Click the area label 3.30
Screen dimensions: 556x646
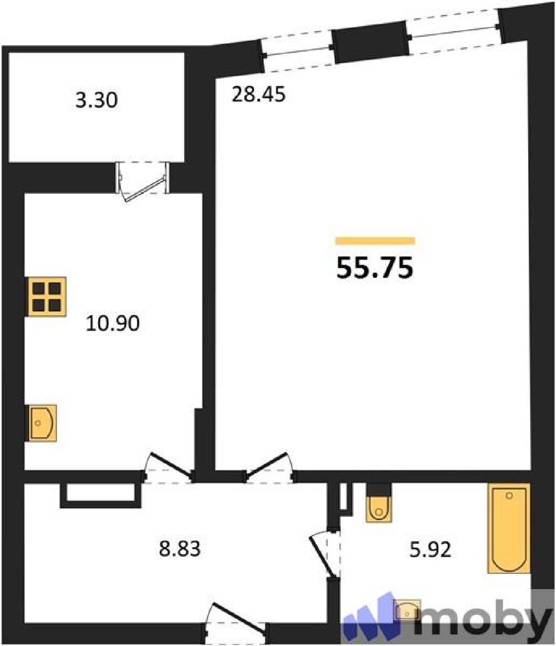click(x=97, y=100)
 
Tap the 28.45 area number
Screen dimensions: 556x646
click(x=258, y=94)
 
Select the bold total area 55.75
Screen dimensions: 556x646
click(x=375, y=268)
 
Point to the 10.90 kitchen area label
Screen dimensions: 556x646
click(x=113, y=323)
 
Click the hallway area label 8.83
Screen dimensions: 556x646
click(x=180, y=549)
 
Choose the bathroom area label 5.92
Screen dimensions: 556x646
click(x=430, y=550)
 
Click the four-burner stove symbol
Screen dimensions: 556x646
click(x=46, y=297)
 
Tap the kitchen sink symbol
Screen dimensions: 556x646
click(x=42, y=423)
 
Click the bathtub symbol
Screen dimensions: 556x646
click(x=509, y=528)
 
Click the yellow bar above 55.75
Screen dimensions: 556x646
click(x=375, y=241)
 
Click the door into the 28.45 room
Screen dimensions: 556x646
click(x=269, y=467)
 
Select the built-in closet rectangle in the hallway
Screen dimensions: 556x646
click(x=101, y=495)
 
